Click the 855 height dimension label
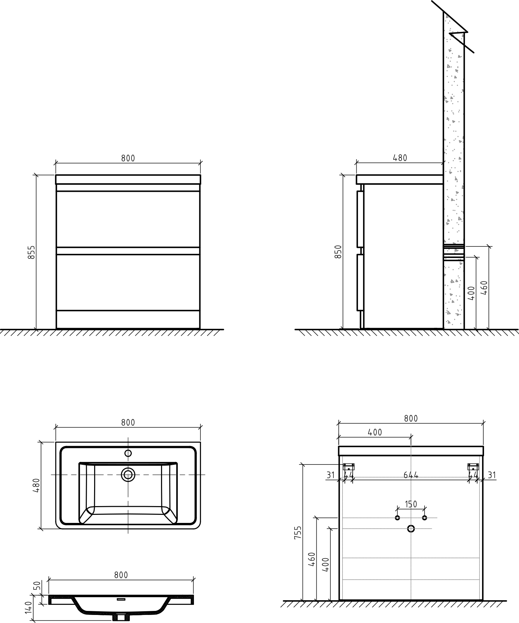point(31,252)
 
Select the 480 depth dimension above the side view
point(400,158)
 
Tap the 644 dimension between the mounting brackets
point(411,475)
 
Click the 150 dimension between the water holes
point(411,504)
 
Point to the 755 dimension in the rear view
point(298,532)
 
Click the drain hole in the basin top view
point(128,475)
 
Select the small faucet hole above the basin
point(128,453)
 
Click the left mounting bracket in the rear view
point(349,466)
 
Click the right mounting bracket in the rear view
point(473,466)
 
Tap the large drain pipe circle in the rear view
point(411,529)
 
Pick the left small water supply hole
point(397,518)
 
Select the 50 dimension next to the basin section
point(38,586)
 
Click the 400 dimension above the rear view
point(375,432)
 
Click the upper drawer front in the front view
point(128,219)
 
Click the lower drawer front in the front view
point(128,282)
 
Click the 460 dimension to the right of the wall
point(484,287)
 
